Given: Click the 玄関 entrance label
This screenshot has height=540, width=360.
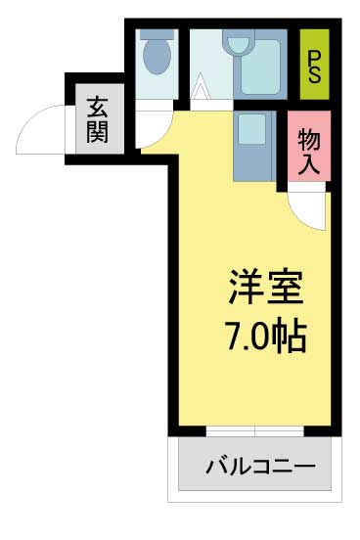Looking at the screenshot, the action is [97, 120].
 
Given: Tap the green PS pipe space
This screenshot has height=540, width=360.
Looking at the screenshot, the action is [314, 65].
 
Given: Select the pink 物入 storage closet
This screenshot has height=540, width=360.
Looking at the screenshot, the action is [309, 146].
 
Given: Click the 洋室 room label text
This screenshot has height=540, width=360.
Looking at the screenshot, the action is [266, 288].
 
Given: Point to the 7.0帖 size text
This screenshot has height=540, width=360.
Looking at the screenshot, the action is [266, 337].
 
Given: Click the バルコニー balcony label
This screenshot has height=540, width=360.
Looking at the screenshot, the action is [260, 467].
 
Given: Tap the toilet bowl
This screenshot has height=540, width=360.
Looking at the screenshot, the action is [157, 57].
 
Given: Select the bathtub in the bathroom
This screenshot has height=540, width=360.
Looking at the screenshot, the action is [260, 67].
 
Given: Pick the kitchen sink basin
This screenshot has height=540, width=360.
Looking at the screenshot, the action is [251, 128].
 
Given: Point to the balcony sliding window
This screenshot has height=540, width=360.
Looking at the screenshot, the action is [255, 431].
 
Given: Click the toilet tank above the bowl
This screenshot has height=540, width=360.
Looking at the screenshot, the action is [157, 35].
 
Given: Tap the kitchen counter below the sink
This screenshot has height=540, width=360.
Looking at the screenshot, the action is [254, 163].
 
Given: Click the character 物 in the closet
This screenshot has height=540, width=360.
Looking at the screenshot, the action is [309, 140].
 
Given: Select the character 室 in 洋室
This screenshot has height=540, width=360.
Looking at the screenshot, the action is [286, 288].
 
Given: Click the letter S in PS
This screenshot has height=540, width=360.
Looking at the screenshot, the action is [314, 74].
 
